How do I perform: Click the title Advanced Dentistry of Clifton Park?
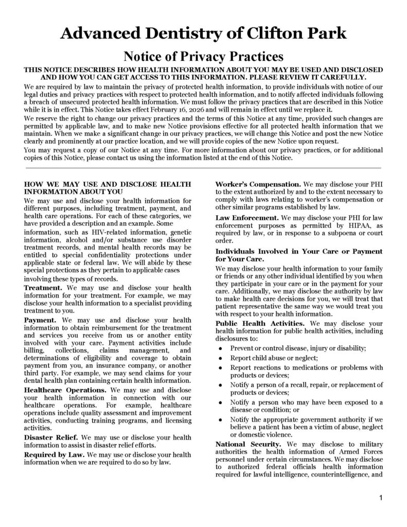pyautogui.click(x=203, y=33)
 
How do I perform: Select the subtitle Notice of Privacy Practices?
pyautogui.click(x=203, y=56)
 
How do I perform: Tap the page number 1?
pyautogui.click(x=380, y=497)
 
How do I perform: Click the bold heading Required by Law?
pyautogui.click(x=55, y=455)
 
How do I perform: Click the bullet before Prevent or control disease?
pyautogui.click(x=220, y=349)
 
